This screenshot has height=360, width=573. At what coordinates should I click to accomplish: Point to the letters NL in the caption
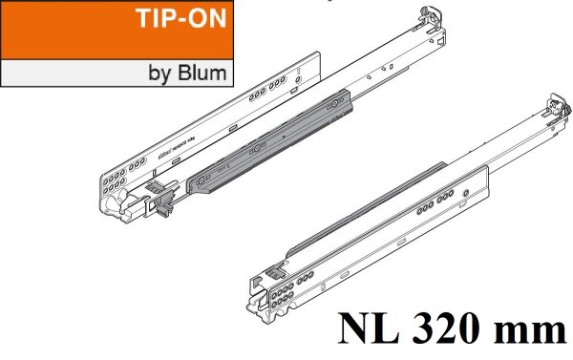(x=368, y=331)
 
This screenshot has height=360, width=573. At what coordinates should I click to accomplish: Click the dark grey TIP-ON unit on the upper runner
(x=277, y=138)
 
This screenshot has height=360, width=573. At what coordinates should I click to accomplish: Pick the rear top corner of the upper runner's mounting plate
(x=316, y=53)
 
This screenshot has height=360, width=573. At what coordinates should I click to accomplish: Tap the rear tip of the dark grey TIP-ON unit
(x=358, y=93)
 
